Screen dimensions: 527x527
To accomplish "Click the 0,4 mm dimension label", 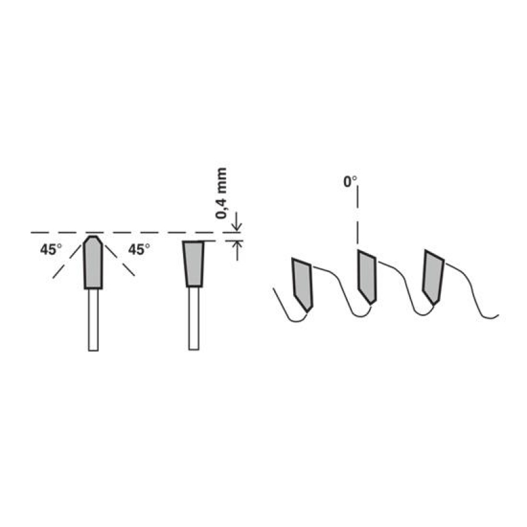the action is tap(221, 193).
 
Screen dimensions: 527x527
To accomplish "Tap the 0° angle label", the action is tap(350, 182).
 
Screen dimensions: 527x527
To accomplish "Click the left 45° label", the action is tap(51, 250).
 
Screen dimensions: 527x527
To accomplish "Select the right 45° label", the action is tap(139, 250).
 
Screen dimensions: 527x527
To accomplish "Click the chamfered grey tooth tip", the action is tap(93, 262).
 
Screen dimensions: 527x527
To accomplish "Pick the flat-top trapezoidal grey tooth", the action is tap(194, 264).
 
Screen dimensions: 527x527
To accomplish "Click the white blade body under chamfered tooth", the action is tap(93, 320).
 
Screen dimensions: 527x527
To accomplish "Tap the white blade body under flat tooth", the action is tap(194, 318).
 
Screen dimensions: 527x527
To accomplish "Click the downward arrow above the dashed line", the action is tap(237, 222).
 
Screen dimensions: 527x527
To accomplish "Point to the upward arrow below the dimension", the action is tap(237, 250).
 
